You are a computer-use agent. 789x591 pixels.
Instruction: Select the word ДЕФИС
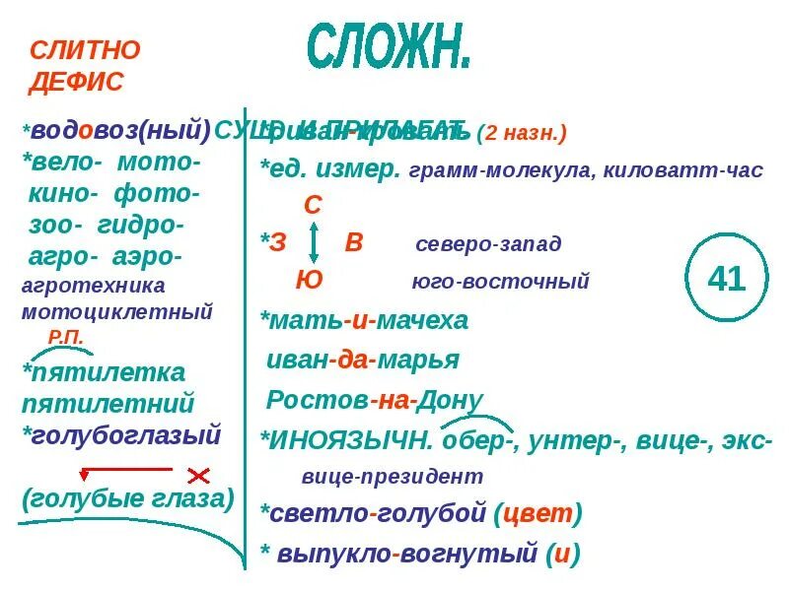pyautogui.click(x=77, y=82)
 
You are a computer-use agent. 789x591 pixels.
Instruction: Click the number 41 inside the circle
pyautogui.click(x=727, y=279)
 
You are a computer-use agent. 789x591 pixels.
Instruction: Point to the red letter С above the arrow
pyautogui.click(x=313, y=205)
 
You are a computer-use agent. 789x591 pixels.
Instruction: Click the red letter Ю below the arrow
pyautogui.click(x=309, y=280)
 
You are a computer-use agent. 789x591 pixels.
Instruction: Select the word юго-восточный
pyautogui.click(x=500, y=282)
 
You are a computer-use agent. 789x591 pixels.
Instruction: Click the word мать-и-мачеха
pyautogui.click(x=364, y=320)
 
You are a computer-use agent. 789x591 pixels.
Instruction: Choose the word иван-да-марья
pyautogui.click(x=363, y=360)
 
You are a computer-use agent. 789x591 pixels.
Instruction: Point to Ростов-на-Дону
pyautogui.click(x=375, y=400)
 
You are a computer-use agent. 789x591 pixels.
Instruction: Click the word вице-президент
pyautogui.click(x=393, y=476)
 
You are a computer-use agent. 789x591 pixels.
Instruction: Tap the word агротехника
pyautogui.click(x=94, y=286)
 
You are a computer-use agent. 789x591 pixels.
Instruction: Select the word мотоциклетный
pyautogui.click(x=117, y=312)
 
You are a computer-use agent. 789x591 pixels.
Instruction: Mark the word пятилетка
pyautogui.click(x=104, y=372)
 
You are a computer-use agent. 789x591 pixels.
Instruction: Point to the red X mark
pyautogui.click(x=199, y=475)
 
